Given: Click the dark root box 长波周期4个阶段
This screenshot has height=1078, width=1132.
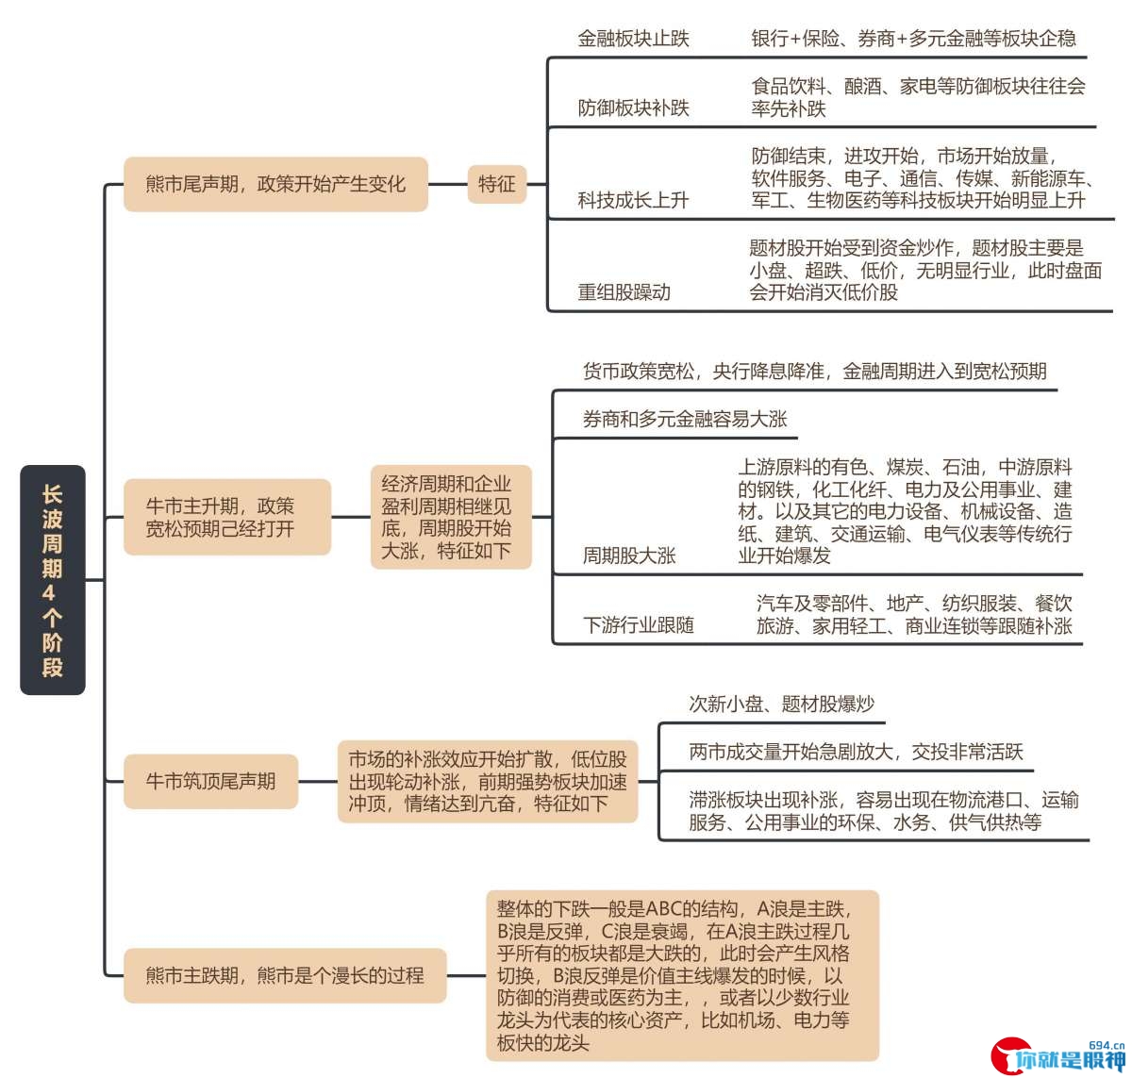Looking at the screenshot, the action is (x=53, y=579).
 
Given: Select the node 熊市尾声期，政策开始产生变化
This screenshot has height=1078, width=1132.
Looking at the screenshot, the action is (x=275, y=184).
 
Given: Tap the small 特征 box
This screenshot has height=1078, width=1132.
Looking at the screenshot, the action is (x=497, y=184).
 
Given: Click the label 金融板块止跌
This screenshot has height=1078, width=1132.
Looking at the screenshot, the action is (x=633, y=39).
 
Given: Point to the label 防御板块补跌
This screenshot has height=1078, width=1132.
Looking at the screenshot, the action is (x=633, y=108).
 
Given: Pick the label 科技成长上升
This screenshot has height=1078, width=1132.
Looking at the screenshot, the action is (x=633, y=200).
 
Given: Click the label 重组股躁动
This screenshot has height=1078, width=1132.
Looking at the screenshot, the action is (x=624, y=292).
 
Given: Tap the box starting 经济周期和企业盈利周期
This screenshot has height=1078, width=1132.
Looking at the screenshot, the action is (x=451, y=517).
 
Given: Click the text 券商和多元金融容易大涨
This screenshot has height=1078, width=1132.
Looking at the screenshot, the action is (x=685, y=419).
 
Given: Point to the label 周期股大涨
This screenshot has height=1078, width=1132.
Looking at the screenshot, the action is (x=629, y=556).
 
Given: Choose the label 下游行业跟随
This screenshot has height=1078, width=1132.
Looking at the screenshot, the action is (x=638, y=624).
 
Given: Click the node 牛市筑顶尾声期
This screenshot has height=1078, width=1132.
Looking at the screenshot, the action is (x=210, y=782).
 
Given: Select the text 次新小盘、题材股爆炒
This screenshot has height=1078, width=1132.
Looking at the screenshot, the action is (x=781, y=704).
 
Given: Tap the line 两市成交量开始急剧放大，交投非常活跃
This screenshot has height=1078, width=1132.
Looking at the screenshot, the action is (x=856, y=752).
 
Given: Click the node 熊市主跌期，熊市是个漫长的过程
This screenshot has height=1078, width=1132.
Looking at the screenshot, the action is (x=285, y=975).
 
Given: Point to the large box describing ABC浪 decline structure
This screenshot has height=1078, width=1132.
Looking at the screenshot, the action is (x=682, y=975).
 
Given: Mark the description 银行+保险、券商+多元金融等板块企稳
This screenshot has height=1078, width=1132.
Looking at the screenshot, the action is (x=913, y=39).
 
